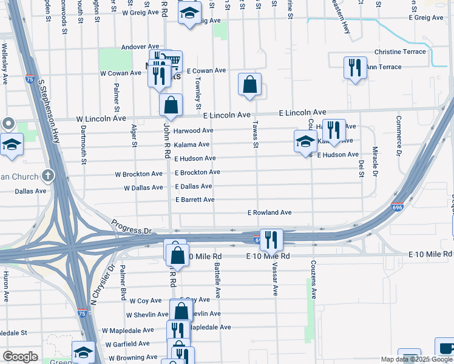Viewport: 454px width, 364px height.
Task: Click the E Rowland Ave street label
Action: (x=270, y=213)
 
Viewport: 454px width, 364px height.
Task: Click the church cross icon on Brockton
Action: (x=47, y=177)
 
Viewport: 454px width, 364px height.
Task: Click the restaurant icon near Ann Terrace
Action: (x=355, y=67)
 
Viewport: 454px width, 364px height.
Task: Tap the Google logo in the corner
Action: (x=20, y=357)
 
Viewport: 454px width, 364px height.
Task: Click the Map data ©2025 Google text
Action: (x=416, y=359)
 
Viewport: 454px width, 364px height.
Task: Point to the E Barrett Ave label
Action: (x=195, y=200)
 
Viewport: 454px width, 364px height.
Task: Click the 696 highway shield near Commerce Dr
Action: (x=398, y=207)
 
